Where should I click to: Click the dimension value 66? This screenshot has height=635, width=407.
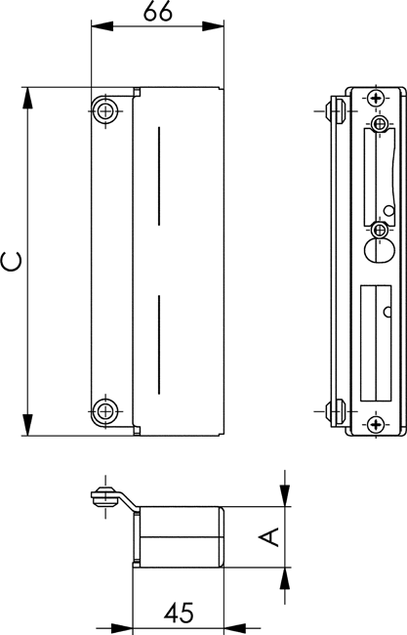158,12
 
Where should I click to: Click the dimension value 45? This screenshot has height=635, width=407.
179,613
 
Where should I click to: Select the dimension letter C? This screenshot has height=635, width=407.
12,261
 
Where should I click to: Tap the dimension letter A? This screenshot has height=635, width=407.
269,537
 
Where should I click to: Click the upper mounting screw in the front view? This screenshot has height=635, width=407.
105,110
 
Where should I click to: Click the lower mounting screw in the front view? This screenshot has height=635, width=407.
105,411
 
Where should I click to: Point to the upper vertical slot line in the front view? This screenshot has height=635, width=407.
159,176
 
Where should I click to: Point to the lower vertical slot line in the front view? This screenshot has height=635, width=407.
159,345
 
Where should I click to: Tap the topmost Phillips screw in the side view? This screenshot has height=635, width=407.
377,98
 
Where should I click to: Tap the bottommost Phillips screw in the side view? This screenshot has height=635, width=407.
377,424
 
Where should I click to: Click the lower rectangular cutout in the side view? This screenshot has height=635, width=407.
376,343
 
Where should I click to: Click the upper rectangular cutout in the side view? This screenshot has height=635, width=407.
379,176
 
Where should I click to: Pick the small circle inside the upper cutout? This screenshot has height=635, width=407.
389,211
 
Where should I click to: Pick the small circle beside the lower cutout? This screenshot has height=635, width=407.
387,312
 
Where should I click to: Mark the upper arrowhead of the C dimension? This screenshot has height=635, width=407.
27,98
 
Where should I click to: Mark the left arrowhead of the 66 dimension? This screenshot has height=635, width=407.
102,26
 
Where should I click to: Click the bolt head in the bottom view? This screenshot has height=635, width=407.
104,496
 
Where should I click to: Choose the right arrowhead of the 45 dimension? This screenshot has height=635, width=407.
234,627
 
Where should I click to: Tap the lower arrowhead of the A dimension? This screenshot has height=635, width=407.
285,578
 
